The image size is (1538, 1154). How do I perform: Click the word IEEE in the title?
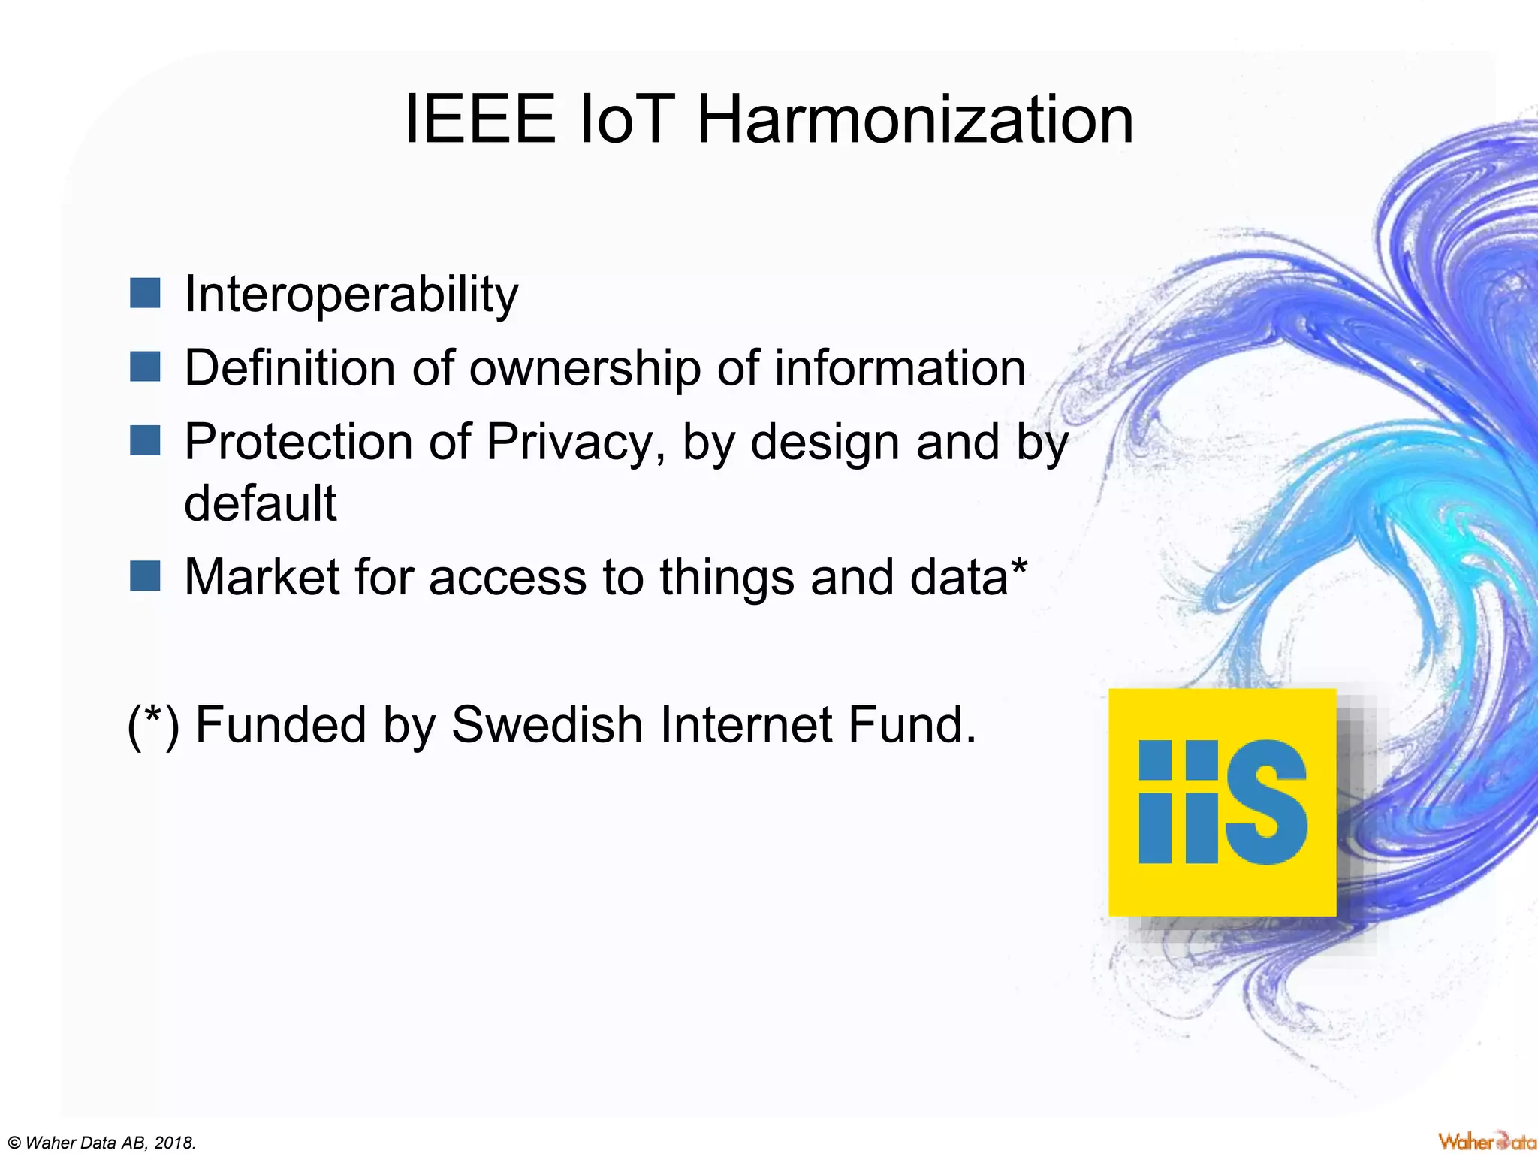pyautogui.click(x=480, y=120)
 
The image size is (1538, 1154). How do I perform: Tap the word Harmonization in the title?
pyautogui.click(x=915, y=120)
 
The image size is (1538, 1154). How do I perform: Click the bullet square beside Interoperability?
pyautogui.click(x=145, y=293)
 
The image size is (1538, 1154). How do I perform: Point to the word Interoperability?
pyautogui.click(x=351, y=295)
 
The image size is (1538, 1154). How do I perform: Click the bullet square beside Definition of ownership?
pyautogui.click(x=145, y=367)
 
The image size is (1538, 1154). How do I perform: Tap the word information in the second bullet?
pyautogui.click(x=900, y=368)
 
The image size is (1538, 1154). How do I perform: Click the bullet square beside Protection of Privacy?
pyautogui.click(x=145, y=441)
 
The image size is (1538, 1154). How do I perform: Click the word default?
pyautogui.click(x=261, y=503)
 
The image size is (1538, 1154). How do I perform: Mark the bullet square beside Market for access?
pyautogui.click(x=145, y=576)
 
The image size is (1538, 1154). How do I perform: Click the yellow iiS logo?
pyautogui.click(x=1222, y=802)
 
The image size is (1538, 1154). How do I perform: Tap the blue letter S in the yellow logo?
pyautogui.click(x=1267, y=802)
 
